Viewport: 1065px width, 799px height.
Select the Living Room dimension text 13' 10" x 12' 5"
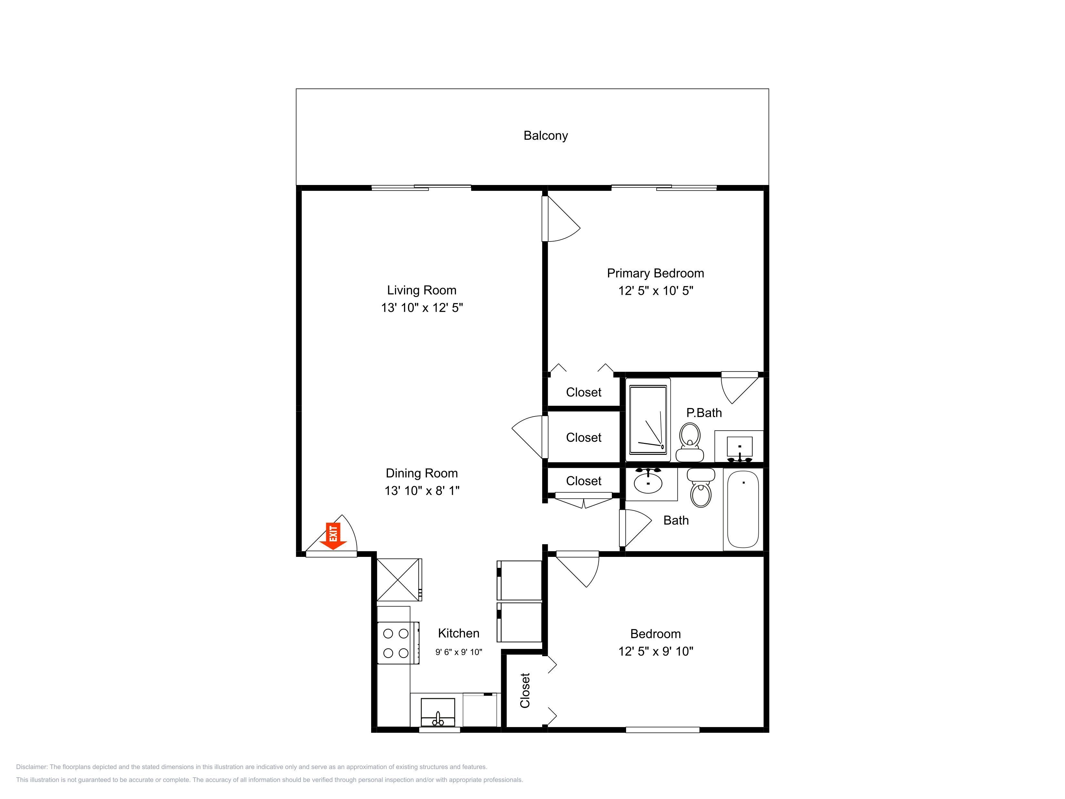click(x=422, y=308)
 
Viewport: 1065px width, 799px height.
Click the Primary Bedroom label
click(x=655, y=273)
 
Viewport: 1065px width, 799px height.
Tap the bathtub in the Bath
click(x=743, y=509)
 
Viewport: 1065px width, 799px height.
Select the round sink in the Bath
click(x=648, y=482)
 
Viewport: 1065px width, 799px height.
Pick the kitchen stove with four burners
click(x=398, y=643)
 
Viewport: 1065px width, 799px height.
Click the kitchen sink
click(x=438, y=712)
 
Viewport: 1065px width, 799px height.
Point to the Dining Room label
click(x=422, y=474)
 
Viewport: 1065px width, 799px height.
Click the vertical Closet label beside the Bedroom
click(x=525, y=690)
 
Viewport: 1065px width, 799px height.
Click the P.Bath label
click(x=704, y=413)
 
